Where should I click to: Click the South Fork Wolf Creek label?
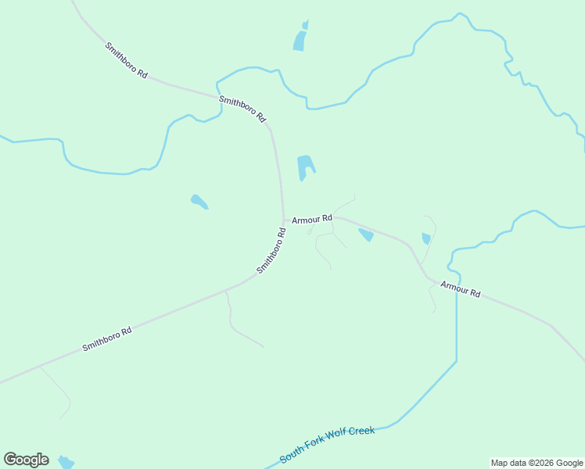327,443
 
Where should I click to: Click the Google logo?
26,460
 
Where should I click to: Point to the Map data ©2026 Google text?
537,463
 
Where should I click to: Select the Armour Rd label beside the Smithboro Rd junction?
312,220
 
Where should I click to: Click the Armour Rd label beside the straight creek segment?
460,289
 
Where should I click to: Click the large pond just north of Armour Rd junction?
305,166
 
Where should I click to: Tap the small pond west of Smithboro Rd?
199,202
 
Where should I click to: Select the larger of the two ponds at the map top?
300,41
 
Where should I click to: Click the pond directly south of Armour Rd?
366,234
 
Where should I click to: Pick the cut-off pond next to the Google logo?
66,463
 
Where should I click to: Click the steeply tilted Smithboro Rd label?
271,250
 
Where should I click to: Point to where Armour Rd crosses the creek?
455,285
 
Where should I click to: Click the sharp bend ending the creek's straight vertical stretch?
456,361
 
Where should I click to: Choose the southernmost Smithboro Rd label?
106,339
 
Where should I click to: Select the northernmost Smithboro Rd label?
127,59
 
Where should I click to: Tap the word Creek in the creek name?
359,432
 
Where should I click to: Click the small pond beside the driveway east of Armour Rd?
426,238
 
